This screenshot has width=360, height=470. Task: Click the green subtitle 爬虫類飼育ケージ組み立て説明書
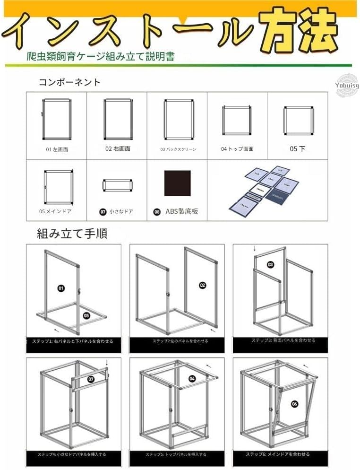point(101,57)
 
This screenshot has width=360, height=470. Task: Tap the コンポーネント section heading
point(69,82)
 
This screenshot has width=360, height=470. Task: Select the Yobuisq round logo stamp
point(347,86)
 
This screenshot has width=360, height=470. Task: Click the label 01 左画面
point(57,149)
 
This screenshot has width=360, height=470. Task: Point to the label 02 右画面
point(118,149)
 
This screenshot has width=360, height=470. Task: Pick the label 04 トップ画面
point(237,149)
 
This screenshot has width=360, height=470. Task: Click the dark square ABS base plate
point(177,183)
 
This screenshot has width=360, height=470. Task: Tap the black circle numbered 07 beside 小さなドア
point(103,212)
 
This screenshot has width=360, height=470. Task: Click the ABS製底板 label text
point(181,212)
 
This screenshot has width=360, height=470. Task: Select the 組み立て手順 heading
point(72,234)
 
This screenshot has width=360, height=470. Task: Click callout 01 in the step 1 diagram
point(61,287)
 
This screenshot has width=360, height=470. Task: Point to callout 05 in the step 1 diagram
point(86,315)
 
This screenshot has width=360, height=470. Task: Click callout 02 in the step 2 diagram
point(203,285)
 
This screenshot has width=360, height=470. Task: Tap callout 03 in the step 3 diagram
point(271,264)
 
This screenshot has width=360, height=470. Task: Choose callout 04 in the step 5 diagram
point(192,378)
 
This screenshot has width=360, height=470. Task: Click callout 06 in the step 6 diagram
point(295,403)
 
